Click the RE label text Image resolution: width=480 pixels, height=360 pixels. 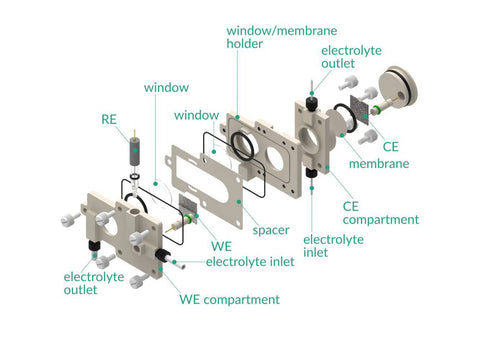pyautogui.click(x=109, y=119)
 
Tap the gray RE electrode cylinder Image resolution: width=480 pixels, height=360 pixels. pyautogui.click(x=135, y=152)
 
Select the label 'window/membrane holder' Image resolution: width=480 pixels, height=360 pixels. pyautogui.click(x=282, y=37)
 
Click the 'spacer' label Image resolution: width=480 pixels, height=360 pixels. pyautogui.click(x=271, y=230)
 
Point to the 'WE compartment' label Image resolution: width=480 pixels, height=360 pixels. pyautogui.click(x=229, y=299)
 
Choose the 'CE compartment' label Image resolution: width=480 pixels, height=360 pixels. pyautogui.click(x=381, y=213)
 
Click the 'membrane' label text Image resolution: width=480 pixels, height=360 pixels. pyautogui.click(x=379, y=163)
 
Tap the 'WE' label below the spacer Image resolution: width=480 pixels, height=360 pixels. pyautogui.click(x=221, y=246)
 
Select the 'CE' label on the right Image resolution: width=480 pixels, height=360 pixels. pyautogui.click(x=390, y=147)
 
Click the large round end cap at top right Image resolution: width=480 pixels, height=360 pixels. pyautogui.click(x=398, y=85)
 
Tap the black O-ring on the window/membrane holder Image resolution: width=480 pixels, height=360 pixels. pyautogui.click(x=243, y=146)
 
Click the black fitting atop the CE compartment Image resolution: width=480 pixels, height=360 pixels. pyautogui.click(x=311, y=104)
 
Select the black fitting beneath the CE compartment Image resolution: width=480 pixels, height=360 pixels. pyautogui.click(x=311, y=173)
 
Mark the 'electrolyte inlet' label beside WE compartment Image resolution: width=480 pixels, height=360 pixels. pyautogui.click(x=250, y=262)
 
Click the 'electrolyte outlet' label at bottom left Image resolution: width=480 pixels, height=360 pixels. pyautogui.click(x=94, y=283)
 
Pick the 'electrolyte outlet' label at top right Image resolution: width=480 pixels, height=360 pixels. pyautogui.click(x=351, y=57)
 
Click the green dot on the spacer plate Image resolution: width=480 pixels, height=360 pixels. pyautogui.click(x=239, y=202)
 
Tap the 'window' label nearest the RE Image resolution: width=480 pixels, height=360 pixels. pyautogui.click(x=166, y=88)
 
